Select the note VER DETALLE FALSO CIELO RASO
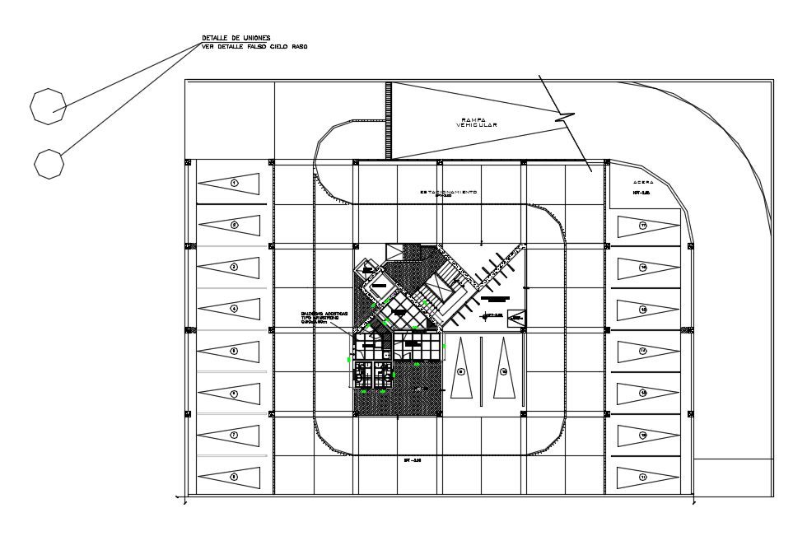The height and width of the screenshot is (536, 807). [254, 46]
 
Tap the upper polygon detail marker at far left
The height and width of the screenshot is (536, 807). [48, 106]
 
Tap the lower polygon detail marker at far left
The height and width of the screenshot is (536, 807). [49, 163]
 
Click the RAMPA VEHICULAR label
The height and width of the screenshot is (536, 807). [477, 123]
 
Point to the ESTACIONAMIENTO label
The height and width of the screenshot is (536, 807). [448, 192]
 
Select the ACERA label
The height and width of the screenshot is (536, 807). [643, 182]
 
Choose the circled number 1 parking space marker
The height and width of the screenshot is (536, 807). [234, 183]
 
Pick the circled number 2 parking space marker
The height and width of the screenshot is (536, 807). [234, 224]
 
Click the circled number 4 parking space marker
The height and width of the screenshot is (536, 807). [234, 309]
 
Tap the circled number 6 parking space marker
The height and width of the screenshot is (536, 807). [234, 394]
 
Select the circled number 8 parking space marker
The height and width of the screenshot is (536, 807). [234, 476]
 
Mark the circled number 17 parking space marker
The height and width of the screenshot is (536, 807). [643, 225]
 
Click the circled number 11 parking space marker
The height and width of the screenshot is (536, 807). [643, 477]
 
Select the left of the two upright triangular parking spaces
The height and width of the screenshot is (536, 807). [461, 371]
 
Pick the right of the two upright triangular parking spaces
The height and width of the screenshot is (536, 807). [503, 371]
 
